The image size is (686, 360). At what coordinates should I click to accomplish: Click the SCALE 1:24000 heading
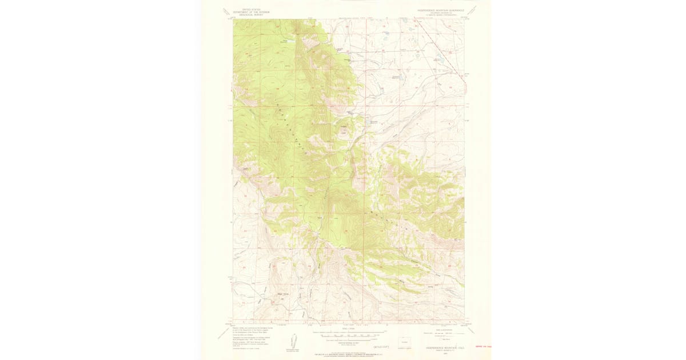coord(348,329)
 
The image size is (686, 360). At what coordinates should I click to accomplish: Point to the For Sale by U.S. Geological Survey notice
coord(348,354)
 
